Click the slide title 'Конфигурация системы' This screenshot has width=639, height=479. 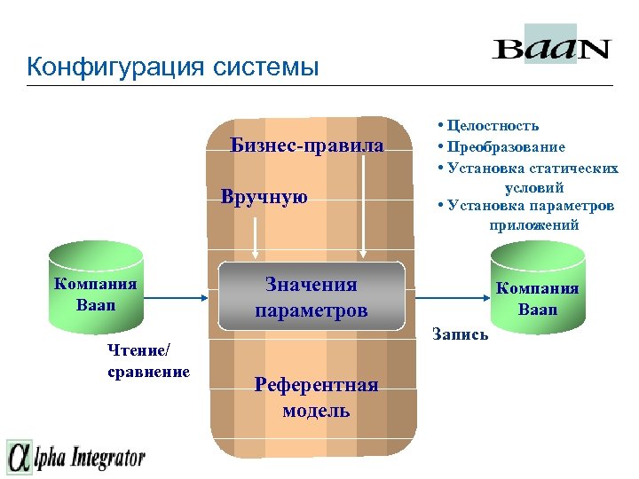[x=172, y=67]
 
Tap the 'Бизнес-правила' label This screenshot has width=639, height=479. [x=307, y=145]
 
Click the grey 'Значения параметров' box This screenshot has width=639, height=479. [x=312, y=298]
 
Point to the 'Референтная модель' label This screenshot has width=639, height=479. [x=316, y=397]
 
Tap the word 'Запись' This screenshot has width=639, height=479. [x=459, y=335]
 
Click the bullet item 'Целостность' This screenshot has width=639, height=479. [x=493, y=127]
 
